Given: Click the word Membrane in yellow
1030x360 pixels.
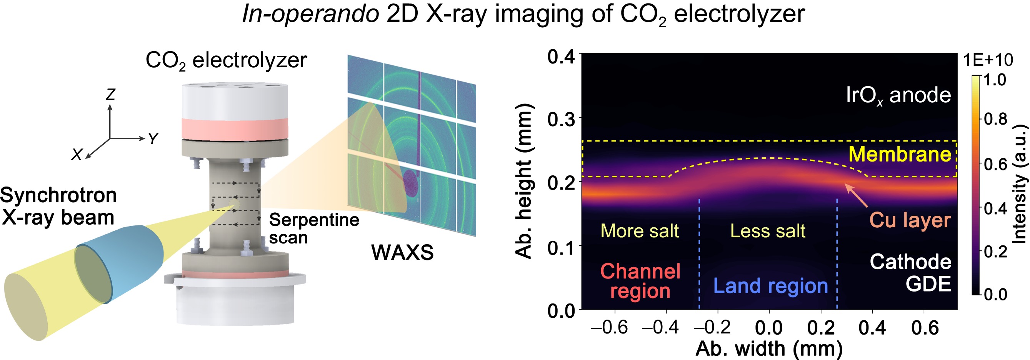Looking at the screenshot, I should (900, 154).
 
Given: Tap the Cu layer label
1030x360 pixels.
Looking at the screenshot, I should (910, 220).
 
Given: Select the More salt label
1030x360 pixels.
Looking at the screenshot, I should (639, 231).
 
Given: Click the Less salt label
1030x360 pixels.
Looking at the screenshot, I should (768, 231).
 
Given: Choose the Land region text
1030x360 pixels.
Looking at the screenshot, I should (770, 286).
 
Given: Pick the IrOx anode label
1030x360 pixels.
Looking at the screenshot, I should (898, 95).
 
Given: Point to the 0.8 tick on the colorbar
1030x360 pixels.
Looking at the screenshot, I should (995, 119).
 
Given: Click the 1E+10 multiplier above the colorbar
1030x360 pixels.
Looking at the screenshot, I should (988, 60).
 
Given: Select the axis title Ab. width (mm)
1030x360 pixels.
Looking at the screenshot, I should (769, 349).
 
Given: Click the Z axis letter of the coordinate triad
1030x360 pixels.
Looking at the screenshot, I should (110, 94).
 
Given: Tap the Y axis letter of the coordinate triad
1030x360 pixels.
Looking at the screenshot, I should (153, 139).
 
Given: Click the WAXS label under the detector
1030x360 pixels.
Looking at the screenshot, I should (402, 252).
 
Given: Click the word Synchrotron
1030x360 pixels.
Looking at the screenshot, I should (58, 196).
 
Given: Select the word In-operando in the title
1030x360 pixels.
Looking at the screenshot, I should (311, 14).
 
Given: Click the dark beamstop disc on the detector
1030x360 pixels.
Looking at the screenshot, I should (411, 183).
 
